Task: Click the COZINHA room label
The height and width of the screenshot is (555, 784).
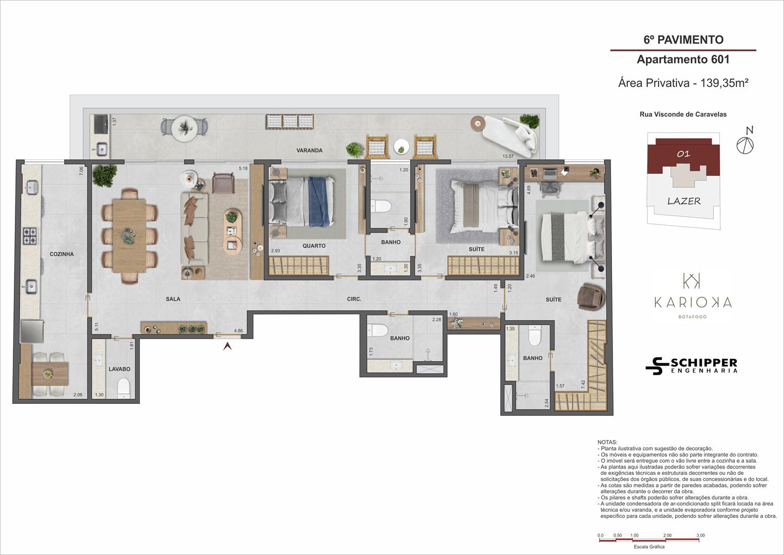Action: (x=62, y=254)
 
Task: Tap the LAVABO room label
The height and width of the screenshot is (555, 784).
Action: (x=119, y=369)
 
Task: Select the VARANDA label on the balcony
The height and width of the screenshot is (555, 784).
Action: (x=310, y=150)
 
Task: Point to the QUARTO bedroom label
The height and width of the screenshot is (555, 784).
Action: (x=314, y=246)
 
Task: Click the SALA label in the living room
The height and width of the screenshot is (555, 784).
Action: (x=173, y=299)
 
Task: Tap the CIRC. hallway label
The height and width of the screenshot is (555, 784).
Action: (x=354, y=299)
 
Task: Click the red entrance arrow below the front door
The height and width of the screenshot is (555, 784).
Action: (x=227, y=346)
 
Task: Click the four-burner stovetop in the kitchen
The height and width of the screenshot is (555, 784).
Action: (x=30, y=236)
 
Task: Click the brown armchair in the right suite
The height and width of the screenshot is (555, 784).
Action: (x=591, y=297)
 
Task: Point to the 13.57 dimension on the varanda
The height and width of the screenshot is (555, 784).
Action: (x=508, y=156)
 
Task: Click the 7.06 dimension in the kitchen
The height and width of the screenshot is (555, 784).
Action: (x=81, y=171)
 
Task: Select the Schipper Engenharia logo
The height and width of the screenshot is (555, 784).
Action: (x=692, y=366)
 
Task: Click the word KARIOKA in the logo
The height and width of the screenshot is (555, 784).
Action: (x=693, y=302)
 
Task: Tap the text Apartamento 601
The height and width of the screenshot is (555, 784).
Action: (x=683, y=59)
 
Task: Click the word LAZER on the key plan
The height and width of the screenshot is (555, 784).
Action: (x=684, y=201)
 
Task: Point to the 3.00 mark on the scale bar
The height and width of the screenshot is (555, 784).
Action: (x=700, y=535)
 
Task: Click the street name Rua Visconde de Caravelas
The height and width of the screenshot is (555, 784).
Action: (x=683, y=114)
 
